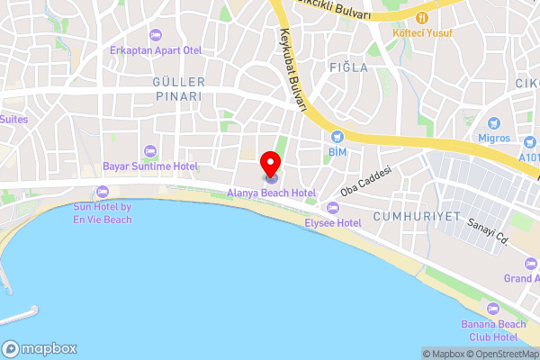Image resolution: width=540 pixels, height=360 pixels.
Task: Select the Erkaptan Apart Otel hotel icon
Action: point(155,35)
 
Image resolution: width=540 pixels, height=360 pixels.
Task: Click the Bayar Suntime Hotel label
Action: point(149,166)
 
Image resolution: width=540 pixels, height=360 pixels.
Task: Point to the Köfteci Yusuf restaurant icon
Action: point(421,18)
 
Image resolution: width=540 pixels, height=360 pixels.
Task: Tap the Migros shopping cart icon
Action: point(493,123)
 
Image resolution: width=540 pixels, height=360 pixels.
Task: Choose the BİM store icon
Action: point(337,137)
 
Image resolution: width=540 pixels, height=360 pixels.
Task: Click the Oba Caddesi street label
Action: point(366,182)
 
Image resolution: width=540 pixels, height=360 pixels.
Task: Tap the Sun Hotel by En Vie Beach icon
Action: point(101,191)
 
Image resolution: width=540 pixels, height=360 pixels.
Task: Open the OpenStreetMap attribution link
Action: point(500,354)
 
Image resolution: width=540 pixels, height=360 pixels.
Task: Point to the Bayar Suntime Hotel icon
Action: point(149,151)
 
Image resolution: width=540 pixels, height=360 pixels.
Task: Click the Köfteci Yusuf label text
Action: point(422,33)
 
